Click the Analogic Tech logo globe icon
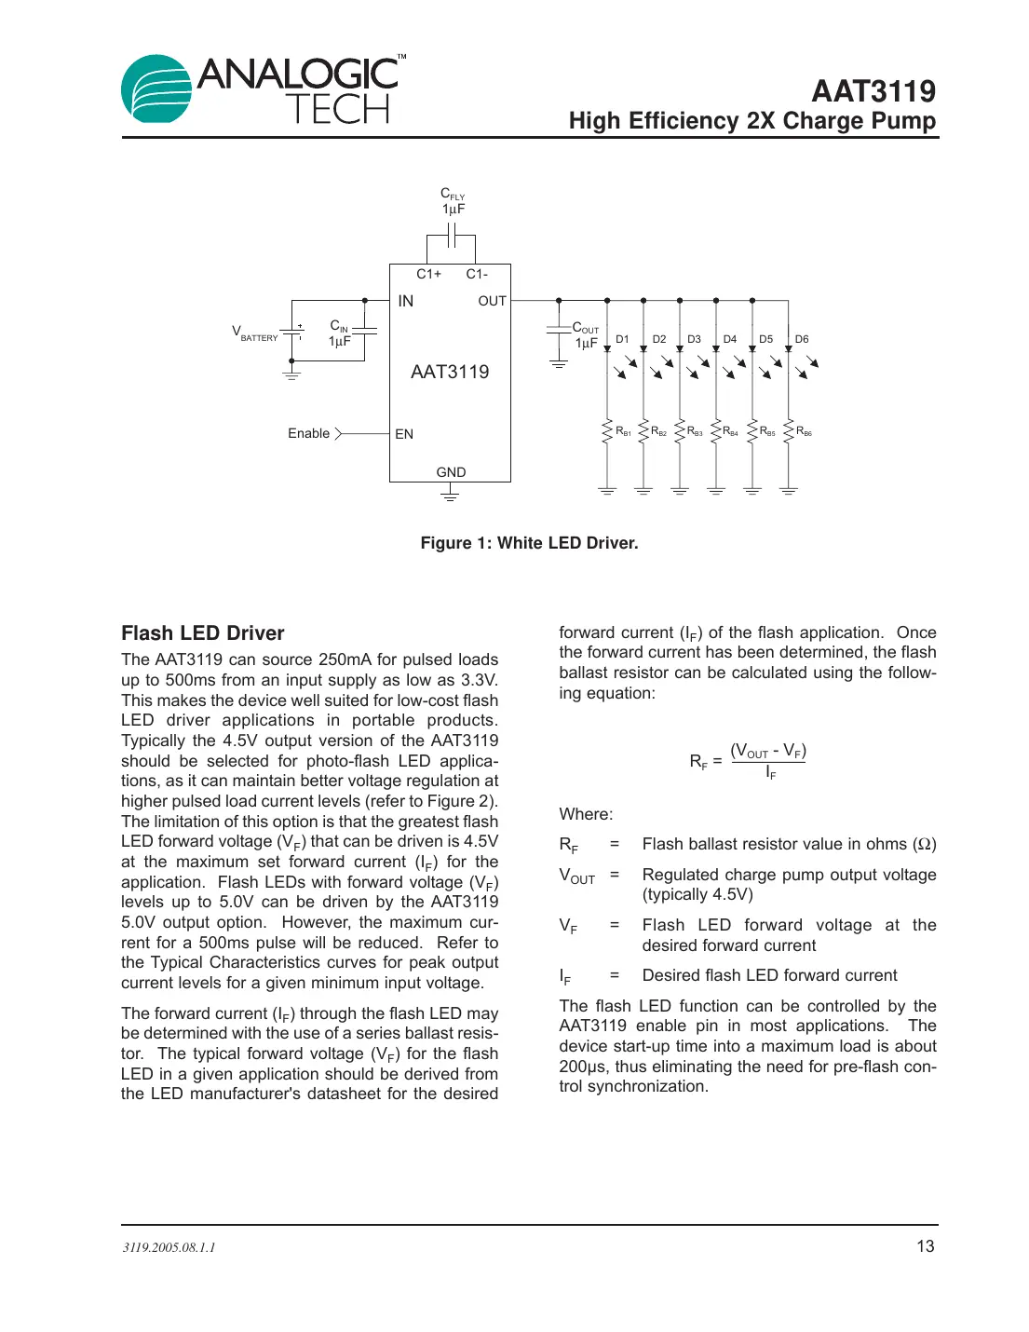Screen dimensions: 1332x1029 click(x=156, y=88)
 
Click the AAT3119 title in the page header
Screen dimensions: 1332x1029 click(x=873, y=91)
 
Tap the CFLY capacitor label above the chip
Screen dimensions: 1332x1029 click(x=453, y=201)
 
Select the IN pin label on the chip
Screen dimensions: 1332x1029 click(x=406, y=301)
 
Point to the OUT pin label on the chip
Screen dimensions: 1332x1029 click(x=492, y=301)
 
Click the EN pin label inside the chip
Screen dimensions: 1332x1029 click(x=404, y=434)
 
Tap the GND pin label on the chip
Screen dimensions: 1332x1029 click(x=451, y=472)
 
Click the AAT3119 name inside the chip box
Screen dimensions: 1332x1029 click(x=450, y=372)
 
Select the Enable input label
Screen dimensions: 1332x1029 click(x=308, y=433)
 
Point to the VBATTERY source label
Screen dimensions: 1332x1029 click(x=254, y=333)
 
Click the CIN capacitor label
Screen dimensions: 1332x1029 click(x=339, y=333)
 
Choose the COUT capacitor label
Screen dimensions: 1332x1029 click(x=585, y=335)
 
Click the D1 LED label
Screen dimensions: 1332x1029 click(x=622, y=339)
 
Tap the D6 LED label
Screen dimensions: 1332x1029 click(x=802, y=339)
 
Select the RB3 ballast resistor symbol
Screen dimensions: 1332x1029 click(x=680, y=431)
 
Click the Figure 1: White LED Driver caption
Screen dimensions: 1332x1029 click(x=529, y=543)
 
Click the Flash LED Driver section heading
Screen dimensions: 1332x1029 click(x=202, y=633)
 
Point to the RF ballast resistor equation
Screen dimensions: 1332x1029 click(x=748, y=761)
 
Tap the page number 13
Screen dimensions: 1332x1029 click(x=925, y=1246)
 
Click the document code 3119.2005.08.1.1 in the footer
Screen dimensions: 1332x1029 click(x=169, y=1247)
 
